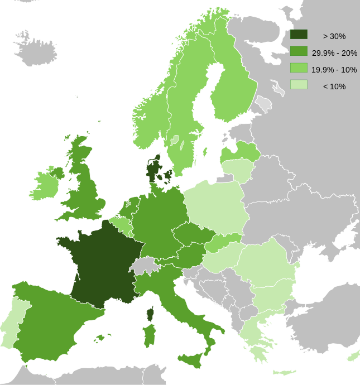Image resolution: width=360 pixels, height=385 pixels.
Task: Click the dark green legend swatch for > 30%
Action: [299, 35]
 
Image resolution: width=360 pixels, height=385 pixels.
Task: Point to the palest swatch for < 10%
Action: [299, 85]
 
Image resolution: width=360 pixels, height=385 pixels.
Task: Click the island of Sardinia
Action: [150, 336]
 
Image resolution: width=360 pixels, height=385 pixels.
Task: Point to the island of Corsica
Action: [150, 314]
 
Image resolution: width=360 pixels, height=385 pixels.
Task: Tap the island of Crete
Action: [285, 372]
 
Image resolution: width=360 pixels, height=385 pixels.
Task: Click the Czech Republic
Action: [193, 234]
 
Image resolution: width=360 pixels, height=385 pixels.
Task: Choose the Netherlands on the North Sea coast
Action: [130, 206]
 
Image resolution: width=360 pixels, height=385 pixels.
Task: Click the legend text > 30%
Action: [334, 36]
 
